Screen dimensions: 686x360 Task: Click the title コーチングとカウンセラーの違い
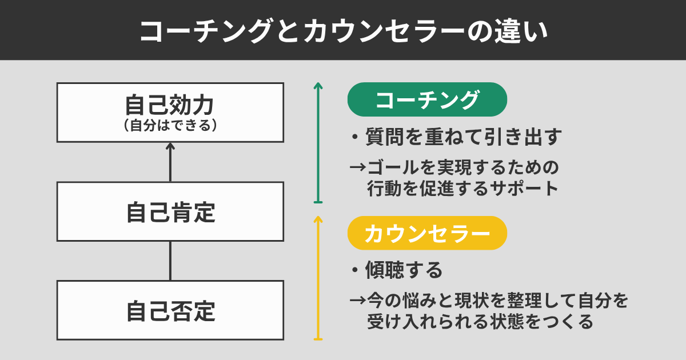click(344, 31)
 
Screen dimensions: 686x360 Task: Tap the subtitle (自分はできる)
click(170, 126)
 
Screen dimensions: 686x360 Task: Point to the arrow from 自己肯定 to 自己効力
click(170, 162)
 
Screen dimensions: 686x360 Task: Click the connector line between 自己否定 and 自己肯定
click(170, 261)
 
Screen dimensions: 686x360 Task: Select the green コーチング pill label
click(427, 99)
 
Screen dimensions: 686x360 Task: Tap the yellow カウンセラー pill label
click(427, 233)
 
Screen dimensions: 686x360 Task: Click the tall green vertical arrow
click(318, 143)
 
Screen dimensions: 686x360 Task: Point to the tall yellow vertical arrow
click(318, 278)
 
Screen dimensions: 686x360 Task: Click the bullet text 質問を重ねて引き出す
click(456, 137)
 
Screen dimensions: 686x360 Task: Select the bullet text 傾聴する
click(397, 270)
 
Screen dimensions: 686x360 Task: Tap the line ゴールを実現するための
click(463, 167)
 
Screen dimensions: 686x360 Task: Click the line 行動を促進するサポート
click(462, 188)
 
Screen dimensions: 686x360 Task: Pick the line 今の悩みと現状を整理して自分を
click(498, 301)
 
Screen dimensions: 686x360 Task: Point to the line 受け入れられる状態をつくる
click(480, 321)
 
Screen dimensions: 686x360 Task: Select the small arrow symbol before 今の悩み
click(358, 300)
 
